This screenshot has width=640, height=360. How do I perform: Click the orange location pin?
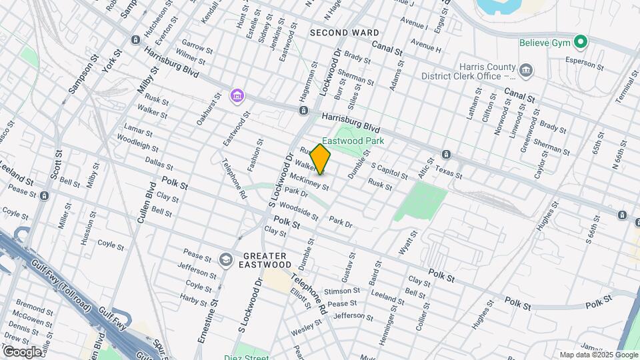point(321,159)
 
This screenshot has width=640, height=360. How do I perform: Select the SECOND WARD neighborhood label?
point(345,33)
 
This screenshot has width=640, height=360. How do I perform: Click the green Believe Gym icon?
point(581,43)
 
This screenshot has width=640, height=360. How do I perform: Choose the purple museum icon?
point(237,97)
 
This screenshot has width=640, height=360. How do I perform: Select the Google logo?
point(21,351)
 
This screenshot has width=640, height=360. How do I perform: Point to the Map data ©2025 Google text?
point(598,355)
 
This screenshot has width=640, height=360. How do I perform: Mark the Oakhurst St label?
point(208,109)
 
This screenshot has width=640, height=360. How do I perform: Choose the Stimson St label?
point(341,291)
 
